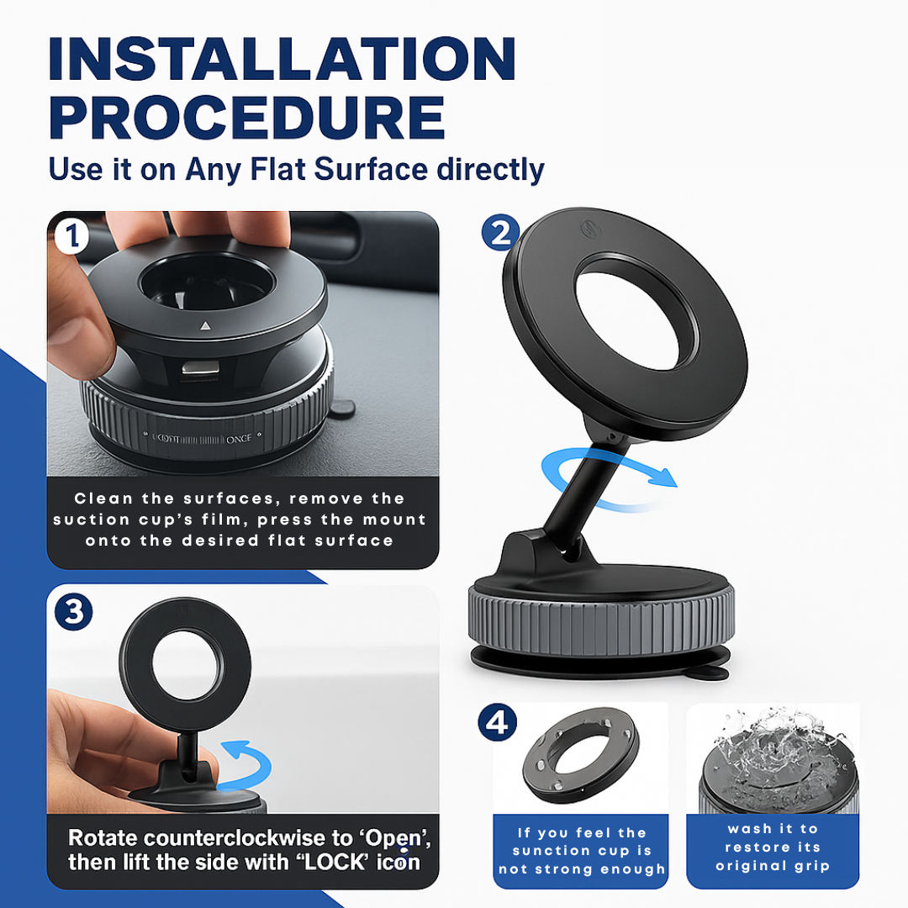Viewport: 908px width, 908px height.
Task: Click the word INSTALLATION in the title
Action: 282,59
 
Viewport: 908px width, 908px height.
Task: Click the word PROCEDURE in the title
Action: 246,118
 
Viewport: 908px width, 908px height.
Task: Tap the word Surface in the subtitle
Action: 371,169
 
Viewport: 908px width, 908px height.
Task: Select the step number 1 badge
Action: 71,236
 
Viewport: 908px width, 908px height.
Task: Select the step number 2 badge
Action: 500,232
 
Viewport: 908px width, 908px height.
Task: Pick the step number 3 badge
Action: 73,611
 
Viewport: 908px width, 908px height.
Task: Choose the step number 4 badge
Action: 498,722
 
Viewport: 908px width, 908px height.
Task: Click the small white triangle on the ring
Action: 206,326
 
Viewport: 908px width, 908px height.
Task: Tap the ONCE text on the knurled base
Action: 239,439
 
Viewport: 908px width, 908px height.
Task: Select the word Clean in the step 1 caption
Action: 103,499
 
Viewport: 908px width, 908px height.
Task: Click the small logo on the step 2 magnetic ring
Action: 591,229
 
